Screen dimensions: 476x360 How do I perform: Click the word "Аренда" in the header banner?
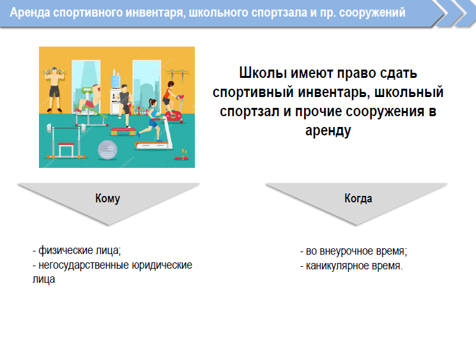[30, 13]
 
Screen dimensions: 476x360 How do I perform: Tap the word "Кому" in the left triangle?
[107, 199]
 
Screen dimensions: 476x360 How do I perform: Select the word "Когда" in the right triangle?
[358, 199]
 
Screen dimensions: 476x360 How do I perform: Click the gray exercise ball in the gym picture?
[107, 149]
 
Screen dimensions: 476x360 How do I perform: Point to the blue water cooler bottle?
[116, 79]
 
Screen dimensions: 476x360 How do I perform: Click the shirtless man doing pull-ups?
[55, 89]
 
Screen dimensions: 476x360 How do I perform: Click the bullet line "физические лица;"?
[77, 250]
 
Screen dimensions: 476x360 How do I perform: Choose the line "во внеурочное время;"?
[354, 251]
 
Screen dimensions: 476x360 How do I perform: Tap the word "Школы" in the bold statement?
[263, 73]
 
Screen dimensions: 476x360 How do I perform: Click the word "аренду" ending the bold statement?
[328, 131]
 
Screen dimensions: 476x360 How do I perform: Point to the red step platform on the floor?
[123, 131]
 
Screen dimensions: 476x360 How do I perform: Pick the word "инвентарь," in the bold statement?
[334, 92]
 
